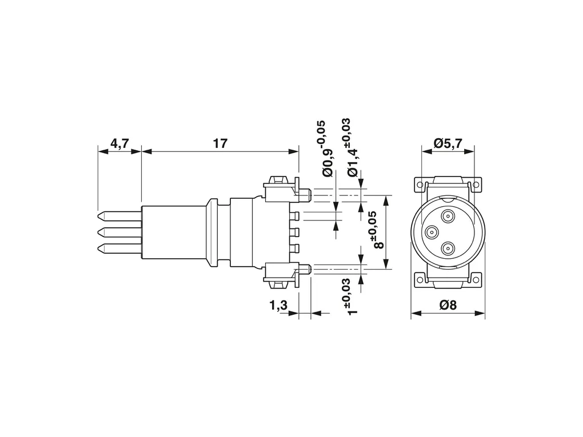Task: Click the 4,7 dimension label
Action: point(119,143)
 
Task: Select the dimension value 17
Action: point(219,143)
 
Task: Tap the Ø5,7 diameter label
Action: point(448,142)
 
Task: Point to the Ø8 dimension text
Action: point(448,305)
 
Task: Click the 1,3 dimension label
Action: point(278,306)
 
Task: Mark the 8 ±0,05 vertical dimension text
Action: point(380,230)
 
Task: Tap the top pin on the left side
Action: point(119,216)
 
